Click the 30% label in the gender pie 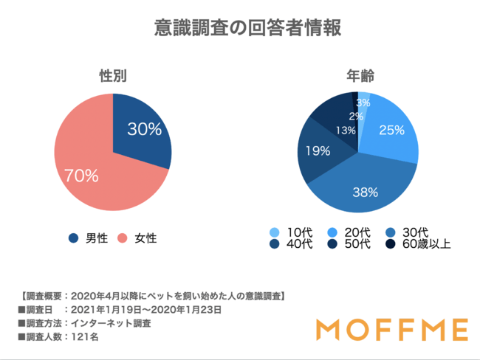pos(144,129)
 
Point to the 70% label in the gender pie pos(81,175)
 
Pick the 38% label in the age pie pos(365,193)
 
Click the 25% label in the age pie pos(391,130)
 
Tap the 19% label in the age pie pos(318,152)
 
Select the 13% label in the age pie pos(345,131)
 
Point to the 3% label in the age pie pos(363,103)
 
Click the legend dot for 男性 pos(73,238)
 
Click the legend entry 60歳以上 pos(423,245)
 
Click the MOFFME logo pos(391,329)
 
